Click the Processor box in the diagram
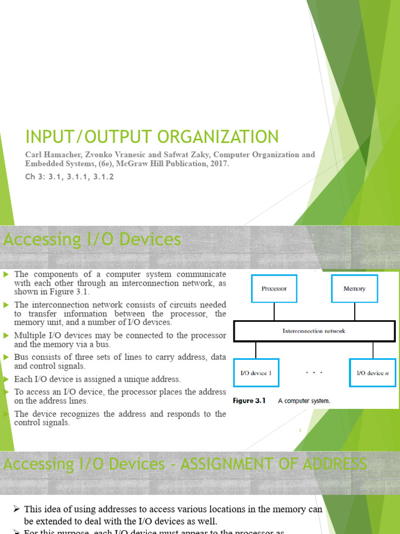coord(274,288)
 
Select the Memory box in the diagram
coord(354,288)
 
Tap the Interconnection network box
coord(314,331)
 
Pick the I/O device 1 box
coord(256,373)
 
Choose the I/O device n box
coord(372,373)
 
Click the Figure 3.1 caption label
coord(249,401)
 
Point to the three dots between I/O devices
coord(314,373)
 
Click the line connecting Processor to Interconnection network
coord(274,312)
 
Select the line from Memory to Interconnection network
coord(354,312)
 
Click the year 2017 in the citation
coord(217,164)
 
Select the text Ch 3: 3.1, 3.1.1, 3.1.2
coord(69,177)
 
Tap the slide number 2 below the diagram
coord(301,431)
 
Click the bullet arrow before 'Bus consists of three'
coord(6,357)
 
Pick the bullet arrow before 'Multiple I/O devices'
coord(6,335)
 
